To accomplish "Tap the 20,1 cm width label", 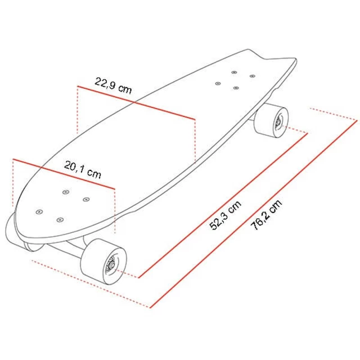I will pyautogui.click(x=83, y=168).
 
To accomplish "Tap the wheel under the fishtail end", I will pyautogui.click(x=272, y=119).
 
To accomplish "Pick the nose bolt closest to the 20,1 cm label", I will pyautogui.click(x=66, y=191).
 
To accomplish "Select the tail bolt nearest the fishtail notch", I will pyautogui.click(x=251, y=75).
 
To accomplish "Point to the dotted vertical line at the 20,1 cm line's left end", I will pyautogui.click(x=12, y=183).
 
